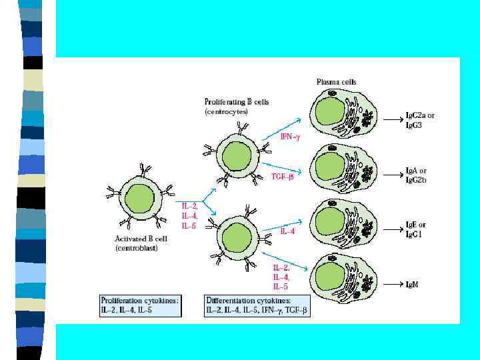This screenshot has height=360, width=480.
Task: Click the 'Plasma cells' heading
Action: point(336,82)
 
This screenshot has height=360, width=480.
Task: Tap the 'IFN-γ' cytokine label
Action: point(289,138)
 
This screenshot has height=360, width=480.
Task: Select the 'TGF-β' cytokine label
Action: point(283,176)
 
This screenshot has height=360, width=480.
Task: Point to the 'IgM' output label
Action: point(413,284)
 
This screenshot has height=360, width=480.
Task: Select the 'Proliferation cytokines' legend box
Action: point(140,305)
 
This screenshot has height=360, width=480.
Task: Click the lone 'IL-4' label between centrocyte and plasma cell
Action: point(287,231)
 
